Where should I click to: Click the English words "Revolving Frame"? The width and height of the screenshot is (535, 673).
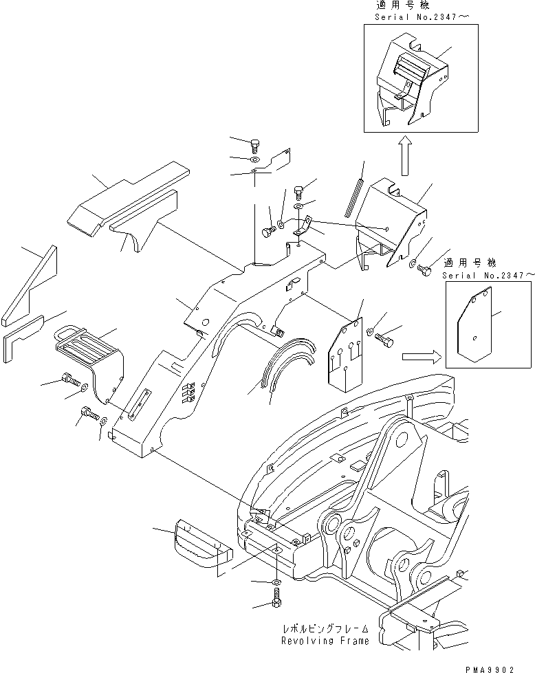click(324, 641)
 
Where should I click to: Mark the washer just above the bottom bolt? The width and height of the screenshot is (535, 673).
click(276, 583)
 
